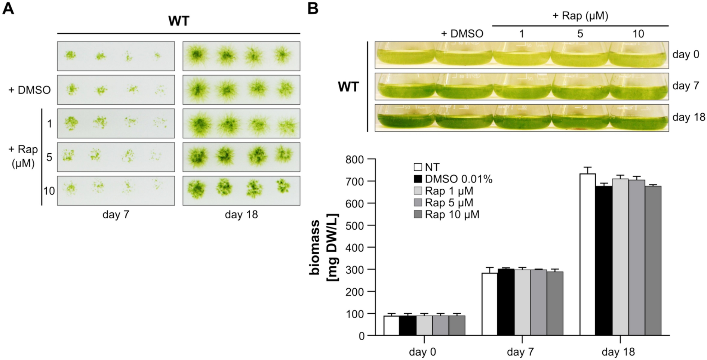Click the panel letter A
(x=8, y=8)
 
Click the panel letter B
(x=313, y=8)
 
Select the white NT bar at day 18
(x=588, y=254)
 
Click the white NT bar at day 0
(x=391, y=325)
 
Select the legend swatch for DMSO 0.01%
(x=418, y=179)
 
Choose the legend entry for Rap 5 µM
(x=449, y=203)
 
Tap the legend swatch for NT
(x=418, y=167)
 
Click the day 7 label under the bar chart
(x=520, y=352)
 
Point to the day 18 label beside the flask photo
(x=689, y=117)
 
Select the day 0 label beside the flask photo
(x=686, y=54)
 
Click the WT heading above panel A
(x=179, y=21)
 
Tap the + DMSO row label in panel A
(x=30, y=90)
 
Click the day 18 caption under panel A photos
(x=241, y=214)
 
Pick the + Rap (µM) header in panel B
(x=580, y=16)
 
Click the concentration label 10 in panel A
(x=49, y=191)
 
